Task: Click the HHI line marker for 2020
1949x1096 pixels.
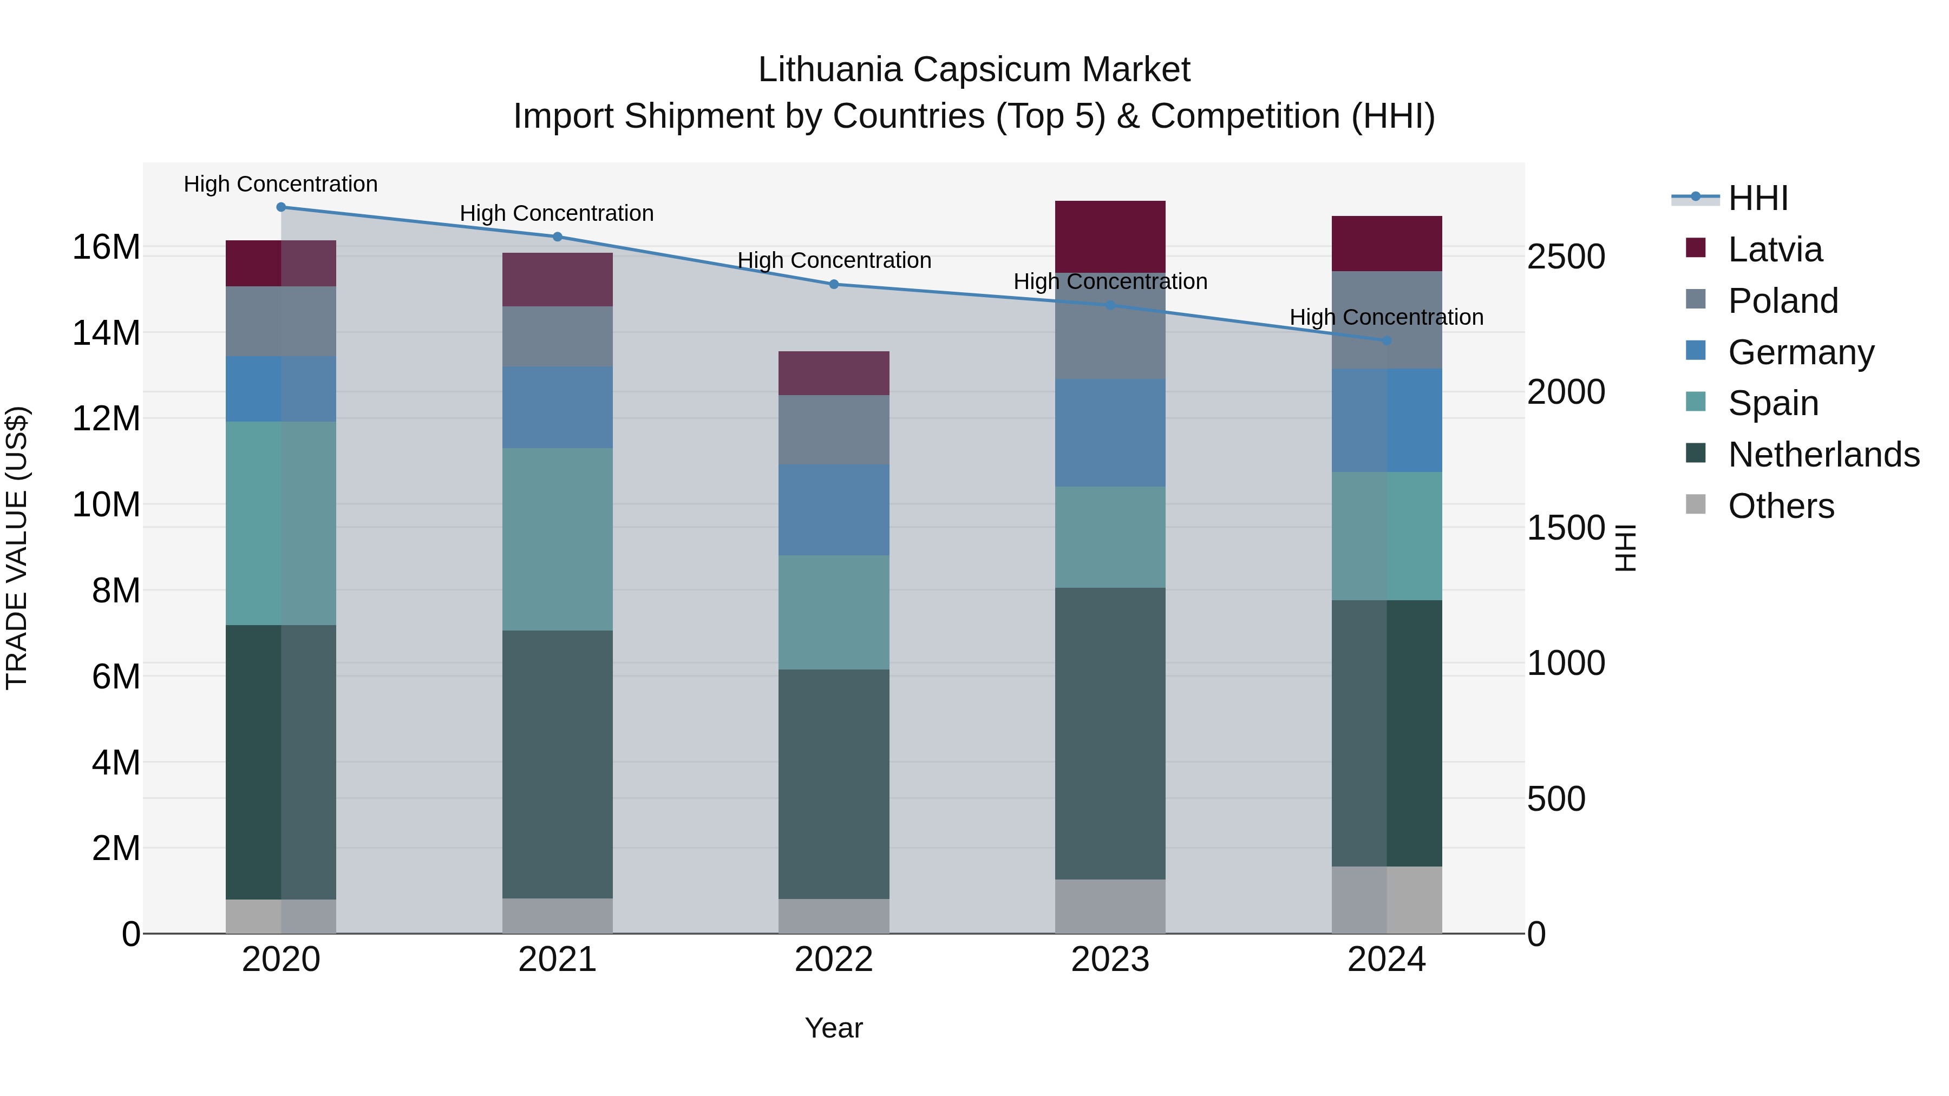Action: click(x=280, y=207)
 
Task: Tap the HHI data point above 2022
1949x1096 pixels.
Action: click(x=834, y=284)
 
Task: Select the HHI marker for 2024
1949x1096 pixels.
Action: click(x=1386, y=341)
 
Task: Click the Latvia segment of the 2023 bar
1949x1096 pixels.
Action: click(x=1110, y=237)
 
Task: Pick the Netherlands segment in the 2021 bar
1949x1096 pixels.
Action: click(x=558, y=764)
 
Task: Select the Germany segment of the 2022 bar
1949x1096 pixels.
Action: click(x=834, y=510)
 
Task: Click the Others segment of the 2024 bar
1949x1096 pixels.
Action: click(x=1386, y=900)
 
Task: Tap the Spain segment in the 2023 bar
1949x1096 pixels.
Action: click(x=1110, y=537)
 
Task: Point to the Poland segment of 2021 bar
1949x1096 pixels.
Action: click(x=558, y=337)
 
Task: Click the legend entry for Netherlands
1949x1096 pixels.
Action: click(x=1823, y=455)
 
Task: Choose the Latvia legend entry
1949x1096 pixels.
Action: click(x=1775, y=250)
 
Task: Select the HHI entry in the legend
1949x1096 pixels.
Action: click(x=1757, y=198)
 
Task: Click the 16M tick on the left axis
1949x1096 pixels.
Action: click(x=106, y=247)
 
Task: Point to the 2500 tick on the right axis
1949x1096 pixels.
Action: click(x=1565, y=257)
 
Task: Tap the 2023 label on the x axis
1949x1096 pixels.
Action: click(x=1110, y=960)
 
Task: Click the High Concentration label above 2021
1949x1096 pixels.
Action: click(x=557, y=214)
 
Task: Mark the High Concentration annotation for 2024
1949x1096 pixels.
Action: click(x=1386, y=318)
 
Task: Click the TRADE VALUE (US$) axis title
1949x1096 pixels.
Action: click(x=17, y=548)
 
